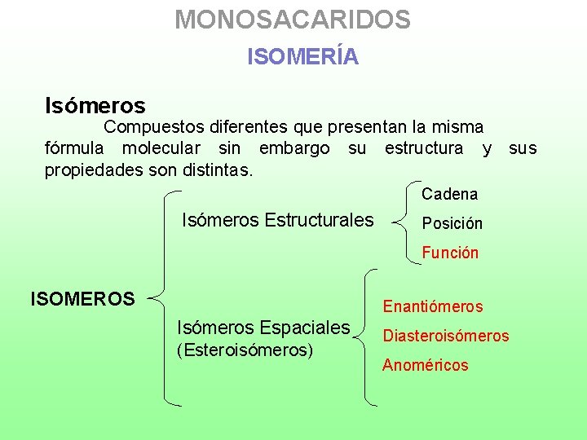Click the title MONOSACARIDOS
click(293, 20)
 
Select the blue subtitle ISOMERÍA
click(302, 57)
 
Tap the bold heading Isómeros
click(95, 106)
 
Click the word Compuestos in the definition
click(153, 128)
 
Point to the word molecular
click(161, 149)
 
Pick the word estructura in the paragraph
click(424, 149)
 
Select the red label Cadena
click(449, 195)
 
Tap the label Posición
click(452, 223)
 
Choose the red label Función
click(450, 253)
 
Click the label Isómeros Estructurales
click(277, 220)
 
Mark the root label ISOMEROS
click(82, 299)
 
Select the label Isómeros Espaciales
click(263, 328)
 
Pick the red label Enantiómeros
click(433, 307)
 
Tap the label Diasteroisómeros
click(446, 336)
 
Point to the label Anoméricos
click(426, 365)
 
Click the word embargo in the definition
click(294, 149)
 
